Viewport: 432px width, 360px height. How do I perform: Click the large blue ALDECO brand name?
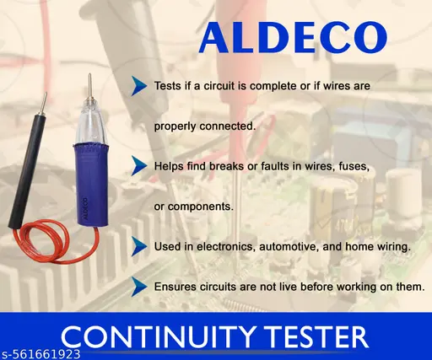(293, 38)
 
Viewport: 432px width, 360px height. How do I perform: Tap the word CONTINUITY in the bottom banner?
(158, 336)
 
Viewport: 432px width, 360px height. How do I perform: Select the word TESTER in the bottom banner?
(316, 336)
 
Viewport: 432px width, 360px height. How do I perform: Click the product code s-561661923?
(40, 354)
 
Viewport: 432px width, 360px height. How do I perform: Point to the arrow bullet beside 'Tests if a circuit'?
(139, 86)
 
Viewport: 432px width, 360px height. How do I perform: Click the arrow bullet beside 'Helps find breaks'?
(139, 166)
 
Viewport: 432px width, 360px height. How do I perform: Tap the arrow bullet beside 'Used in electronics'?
(139, 246)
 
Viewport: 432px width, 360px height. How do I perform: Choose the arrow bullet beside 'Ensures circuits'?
(139, 287)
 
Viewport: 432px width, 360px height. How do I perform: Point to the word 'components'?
(201, 207)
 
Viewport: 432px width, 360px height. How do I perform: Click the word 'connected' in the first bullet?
(228, 126)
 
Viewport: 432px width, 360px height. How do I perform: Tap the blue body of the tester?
(90, 185)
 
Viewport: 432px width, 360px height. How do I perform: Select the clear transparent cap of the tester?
(89, 124)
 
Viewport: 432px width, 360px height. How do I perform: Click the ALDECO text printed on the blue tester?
(84, 207)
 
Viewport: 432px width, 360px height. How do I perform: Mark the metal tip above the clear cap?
(89, 87)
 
